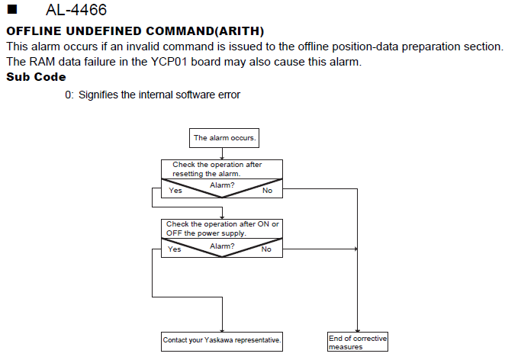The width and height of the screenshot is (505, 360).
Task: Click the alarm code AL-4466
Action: tap(76, 10)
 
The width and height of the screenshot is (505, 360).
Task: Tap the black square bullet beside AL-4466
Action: tap(12, 9)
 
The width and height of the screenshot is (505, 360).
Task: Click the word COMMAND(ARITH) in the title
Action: tap(205, 31)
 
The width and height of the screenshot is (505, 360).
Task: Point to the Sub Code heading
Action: tap(36, 77)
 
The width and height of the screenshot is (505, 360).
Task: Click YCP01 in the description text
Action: tap(169, 62)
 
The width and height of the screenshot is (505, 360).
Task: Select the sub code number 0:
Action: tap(69, 95)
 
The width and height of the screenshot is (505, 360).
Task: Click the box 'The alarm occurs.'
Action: tap(224, 138)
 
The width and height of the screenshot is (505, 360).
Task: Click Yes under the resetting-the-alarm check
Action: tap(175, 191)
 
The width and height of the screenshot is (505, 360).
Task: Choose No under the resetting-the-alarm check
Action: tap(267, 191)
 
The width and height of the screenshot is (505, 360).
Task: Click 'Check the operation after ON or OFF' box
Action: tap(222, 229)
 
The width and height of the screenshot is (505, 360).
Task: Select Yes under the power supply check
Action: tap(174, 249)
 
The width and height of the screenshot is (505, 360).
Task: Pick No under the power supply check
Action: tap(266, 249)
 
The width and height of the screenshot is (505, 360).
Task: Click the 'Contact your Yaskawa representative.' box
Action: tap(222, 342)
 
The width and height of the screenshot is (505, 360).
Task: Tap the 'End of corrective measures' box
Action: tap(358, 342)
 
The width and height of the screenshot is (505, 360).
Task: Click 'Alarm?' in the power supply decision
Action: tap(222, 246)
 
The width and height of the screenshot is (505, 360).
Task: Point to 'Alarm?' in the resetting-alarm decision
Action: tap(222, 185)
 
